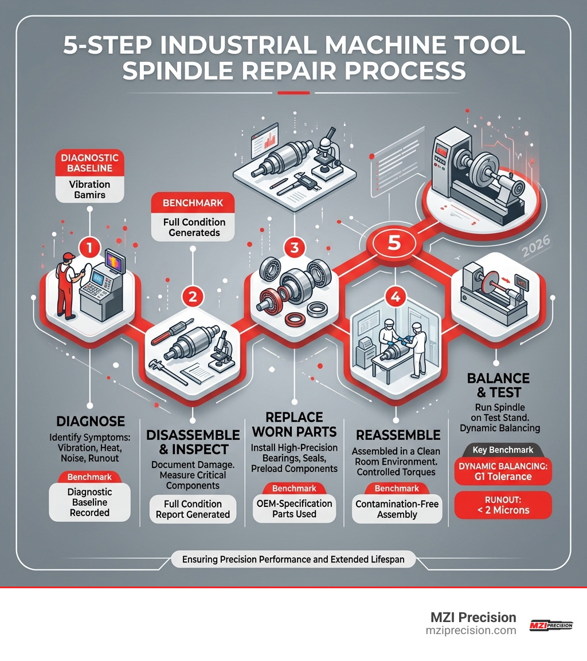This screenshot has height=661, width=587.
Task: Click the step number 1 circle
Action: click(x=90, y=247)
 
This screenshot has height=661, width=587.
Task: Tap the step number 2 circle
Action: click(x=193, y=296)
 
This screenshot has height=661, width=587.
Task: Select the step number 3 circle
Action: click(x=294, y=247)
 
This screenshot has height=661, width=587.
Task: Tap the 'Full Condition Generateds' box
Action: click(x=193, y=227)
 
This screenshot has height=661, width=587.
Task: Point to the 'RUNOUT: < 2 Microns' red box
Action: click(x=502, y=505)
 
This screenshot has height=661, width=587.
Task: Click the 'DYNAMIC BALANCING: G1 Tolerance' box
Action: click(x=502, y=471)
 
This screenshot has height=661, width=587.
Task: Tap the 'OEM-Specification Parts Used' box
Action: click(x=293, y=509)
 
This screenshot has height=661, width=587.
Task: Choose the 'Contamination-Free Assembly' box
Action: click(x=396, y=509)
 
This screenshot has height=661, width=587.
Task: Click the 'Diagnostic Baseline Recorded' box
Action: click(x=89, y=502)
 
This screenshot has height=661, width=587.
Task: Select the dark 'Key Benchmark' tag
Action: click(x=502, y=450)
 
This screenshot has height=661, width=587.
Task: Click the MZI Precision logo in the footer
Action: click(x=550, y=625)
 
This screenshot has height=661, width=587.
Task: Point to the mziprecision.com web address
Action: click(x=471, y=630)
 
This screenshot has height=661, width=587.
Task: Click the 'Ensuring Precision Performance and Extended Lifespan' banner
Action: click(x=293, y=559)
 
